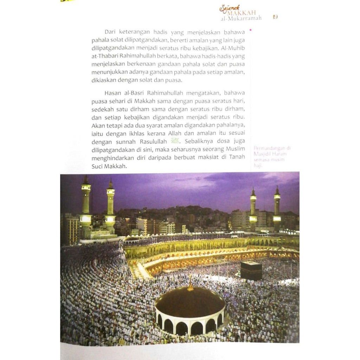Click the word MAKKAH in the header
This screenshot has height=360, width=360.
[245, 13]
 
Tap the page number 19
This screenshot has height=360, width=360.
[275, 17]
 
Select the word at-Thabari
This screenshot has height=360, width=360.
[105, 56]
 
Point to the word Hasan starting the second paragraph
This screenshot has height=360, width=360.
[112, 93]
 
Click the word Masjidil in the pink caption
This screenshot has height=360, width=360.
[262, 154]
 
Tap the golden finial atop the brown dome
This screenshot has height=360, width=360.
[190, 283]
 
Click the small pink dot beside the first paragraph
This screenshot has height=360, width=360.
[250, 31]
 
